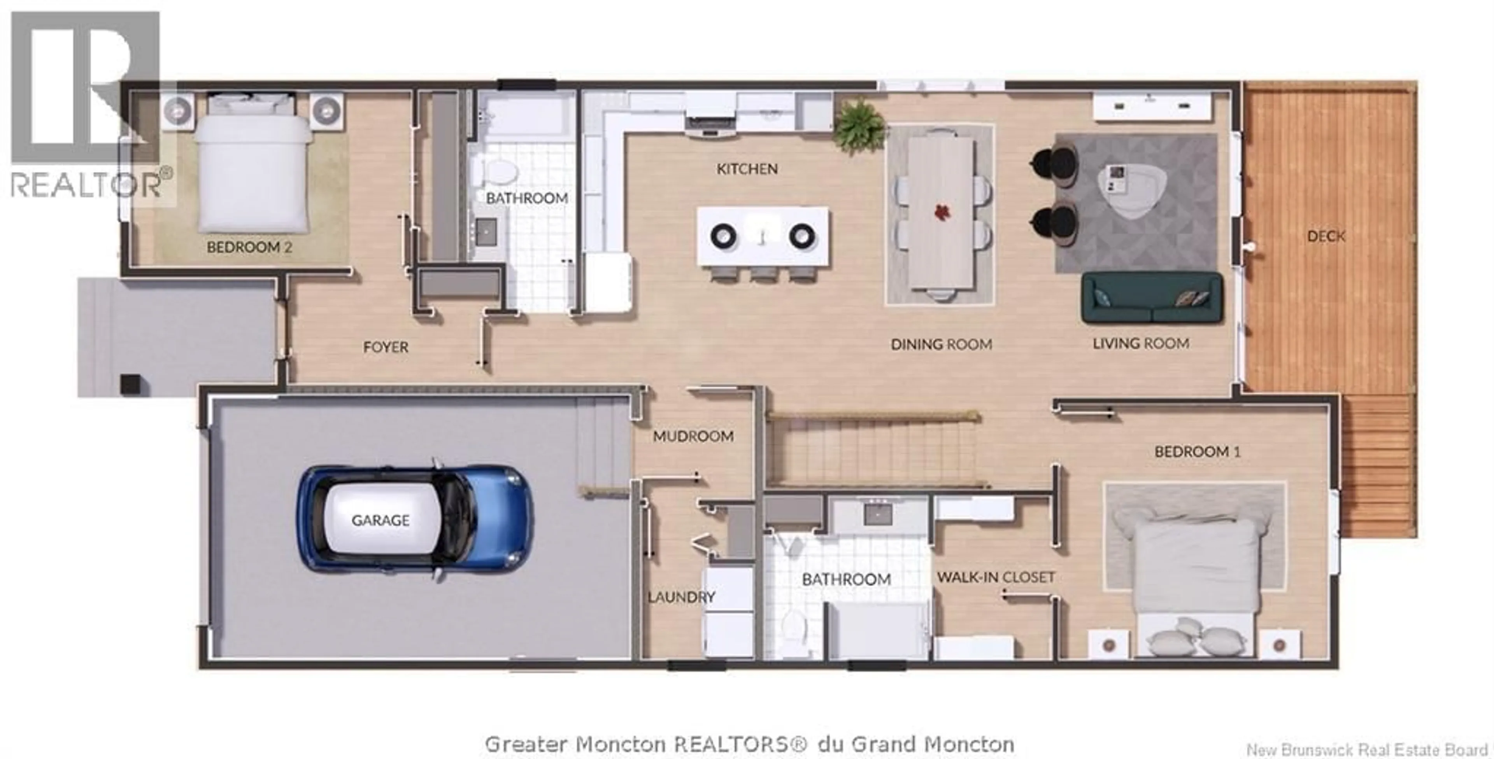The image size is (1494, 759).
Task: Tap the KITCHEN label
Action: click(x=747, y=169)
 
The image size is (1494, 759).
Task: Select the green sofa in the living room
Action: click(x=1152, y=297)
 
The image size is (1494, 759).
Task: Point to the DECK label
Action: click(x=1326, y=236)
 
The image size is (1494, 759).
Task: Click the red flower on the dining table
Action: click(x=941, y=212)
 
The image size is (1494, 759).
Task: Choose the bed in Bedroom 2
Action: click(x=252, y=171)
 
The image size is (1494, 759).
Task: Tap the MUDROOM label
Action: click(x=693, y=436)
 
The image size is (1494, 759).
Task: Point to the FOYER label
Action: click(x=386, y=347)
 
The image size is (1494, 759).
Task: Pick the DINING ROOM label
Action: click(x=941, y=345)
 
